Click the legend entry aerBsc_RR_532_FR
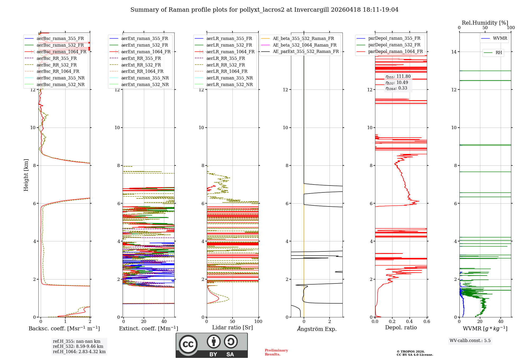tap(57, 65)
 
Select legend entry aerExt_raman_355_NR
tap(145, 78)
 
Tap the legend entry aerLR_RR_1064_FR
tap(227, 71)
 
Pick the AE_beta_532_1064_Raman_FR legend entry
tap(304, 45)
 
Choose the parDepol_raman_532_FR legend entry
tap(394, 45)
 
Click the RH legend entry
tap(499, 53)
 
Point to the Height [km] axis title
tap(26, 175)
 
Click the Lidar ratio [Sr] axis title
tap(232, 327)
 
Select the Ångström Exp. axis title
tap(317, 329)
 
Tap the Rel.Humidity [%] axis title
tap(485, 23)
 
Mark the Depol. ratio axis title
tap(401, 327)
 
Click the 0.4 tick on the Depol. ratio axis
tap(409, 321)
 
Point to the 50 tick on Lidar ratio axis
tap(232, 321)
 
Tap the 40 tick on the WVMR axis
tap(501, 321)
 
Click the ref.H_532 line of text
tap(78, 346)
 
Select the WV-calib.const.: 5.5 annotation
tap(470, 340)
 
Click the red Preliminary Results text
tap(276, 352)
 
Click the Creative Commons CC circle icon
tap(188, 344)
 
